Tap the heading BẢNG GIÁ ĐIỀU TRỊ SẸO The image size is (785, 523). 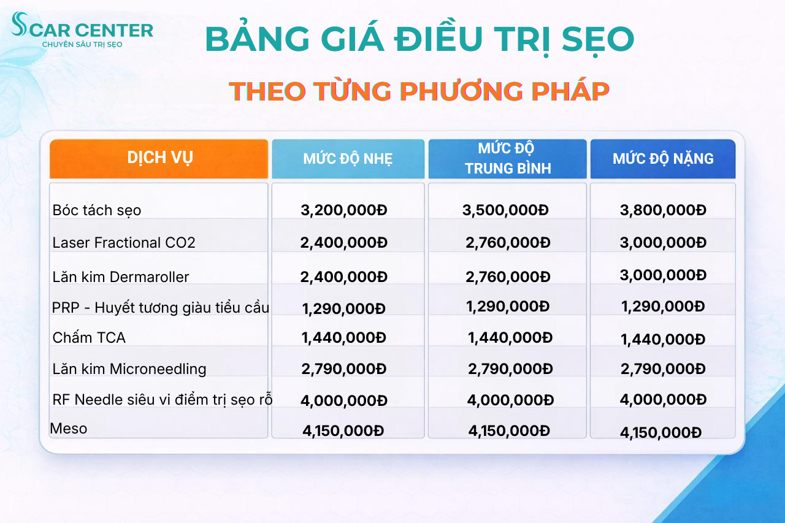click(419, 39)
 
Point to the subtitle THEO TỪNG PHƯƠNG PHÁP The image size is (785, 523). click(419, 91)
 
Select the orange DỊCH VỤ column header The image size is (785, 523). click(159, 158)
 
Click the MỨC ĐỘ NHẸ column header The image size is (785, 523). click(348, 159)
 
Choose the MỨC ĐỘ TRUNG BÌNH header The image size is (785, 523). click(507, 158)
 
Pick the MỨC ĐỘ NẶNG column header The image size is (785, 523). click(663, 159)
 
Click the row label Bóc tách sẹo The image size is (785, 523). click(97, 210)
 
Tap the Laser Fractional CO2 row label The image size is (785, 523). click(124, 243)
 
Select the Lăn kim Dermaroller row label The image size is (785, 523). click(121, 277)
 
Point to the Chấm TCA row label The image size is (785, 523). click(89, 337)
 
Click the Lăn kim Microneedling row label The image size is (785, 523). click(129, 369)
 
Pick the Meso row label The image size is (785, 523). click(69, 429)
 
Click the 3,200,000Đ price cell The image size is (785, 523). click(344, 210)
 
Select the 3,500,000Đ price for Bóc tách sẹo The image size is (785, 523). click(505, 210)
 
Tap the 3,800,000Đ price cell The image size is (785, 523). click(663, 210)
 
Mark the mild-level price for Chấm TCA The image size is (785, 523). click(344, 337)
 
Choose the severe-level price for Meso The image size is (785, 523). click(661, 432)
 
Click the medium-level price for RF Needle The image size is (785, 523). click(510, 400)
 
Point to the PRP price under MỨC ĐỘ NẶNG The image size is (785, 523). click(663, 306)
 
